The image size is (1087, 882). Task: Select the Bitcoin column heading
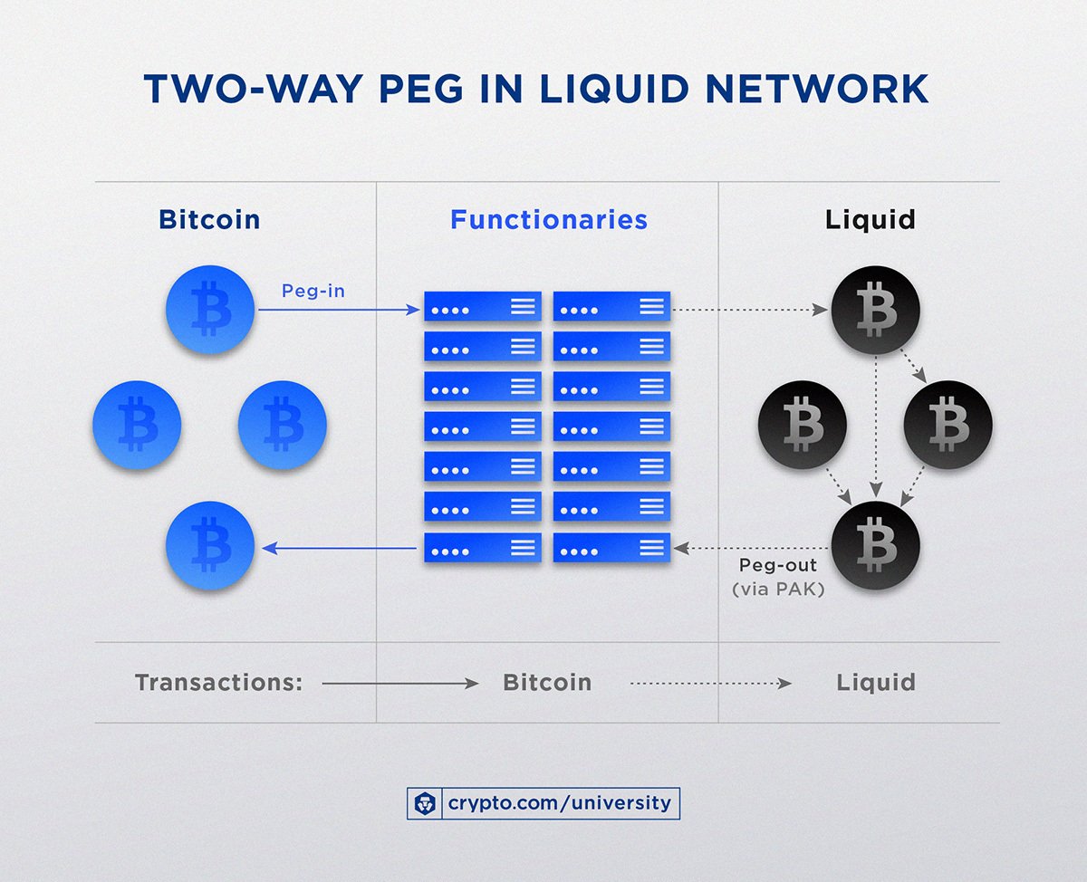tap(209, 219)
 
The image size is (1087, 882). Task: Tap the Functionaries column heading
tap(549, 219)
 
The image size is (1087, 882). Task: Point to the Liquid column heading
tap(870, 219)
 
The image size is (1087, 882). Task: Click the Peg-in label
tap(313, 292)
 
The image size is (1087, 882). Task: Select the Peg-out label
tap(777, 565)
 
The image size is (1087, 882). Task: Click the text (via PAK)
tap(777, 589)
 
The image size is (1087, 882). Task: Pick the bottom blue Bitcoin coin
tap(210, 546)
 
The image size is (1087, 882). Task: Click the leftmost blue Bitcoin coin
tap(138, 425)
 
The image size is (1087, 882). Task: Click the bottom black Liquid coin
tap(876, 544)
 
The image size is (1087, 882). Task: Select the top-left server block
tap(483, 307)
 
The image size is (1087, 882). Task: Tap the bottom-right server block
tap(612, 547)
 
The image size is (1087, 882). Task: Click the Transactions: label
tap(218, 683)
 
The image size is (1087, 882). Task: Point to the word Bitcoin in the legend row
tap(547, 683)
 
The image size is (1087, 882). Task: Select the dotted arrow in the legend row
tap(710, 684)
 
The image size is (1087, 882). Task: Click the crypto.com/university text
tap(560, 802)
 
